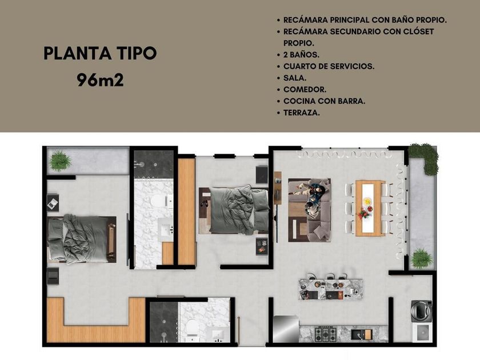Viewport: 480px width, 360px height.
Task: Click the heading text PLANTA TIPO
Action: (x=100, y=53)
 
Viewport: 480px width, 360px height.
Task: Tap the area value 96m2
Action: (x=101, y=80)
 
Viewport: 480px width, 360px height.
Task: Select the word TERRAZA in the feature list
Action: (x=302, y=113)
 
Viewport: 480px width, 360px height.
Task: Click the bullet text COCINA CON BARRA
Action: (x=324, y=101)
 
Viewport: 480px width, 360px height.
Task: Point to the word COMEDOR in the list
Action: (x=305, y=89)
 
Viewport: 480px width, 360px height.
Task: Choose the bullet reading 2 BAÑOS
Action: (x=301, y=55)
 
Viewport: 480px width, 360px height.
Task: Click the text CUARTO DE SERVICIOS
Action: (x=329, y=66)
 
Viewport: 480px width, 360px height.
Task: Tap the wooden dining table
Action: (x=370, y=208)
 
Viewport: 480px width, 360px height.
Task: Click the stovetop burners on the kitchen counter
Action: (x=326, y=334)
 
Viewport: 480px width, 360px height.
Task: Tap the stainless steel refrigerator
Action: (x=286, y=329)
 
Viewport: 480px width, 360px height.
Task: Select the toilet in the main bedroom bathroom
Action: (x=160, y=201)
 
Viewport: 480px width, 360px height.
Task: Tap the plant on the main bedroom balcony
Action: (x=61, y=161)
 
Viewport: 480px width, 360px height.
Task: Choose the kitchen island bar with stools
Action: (x=331, y=288)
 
